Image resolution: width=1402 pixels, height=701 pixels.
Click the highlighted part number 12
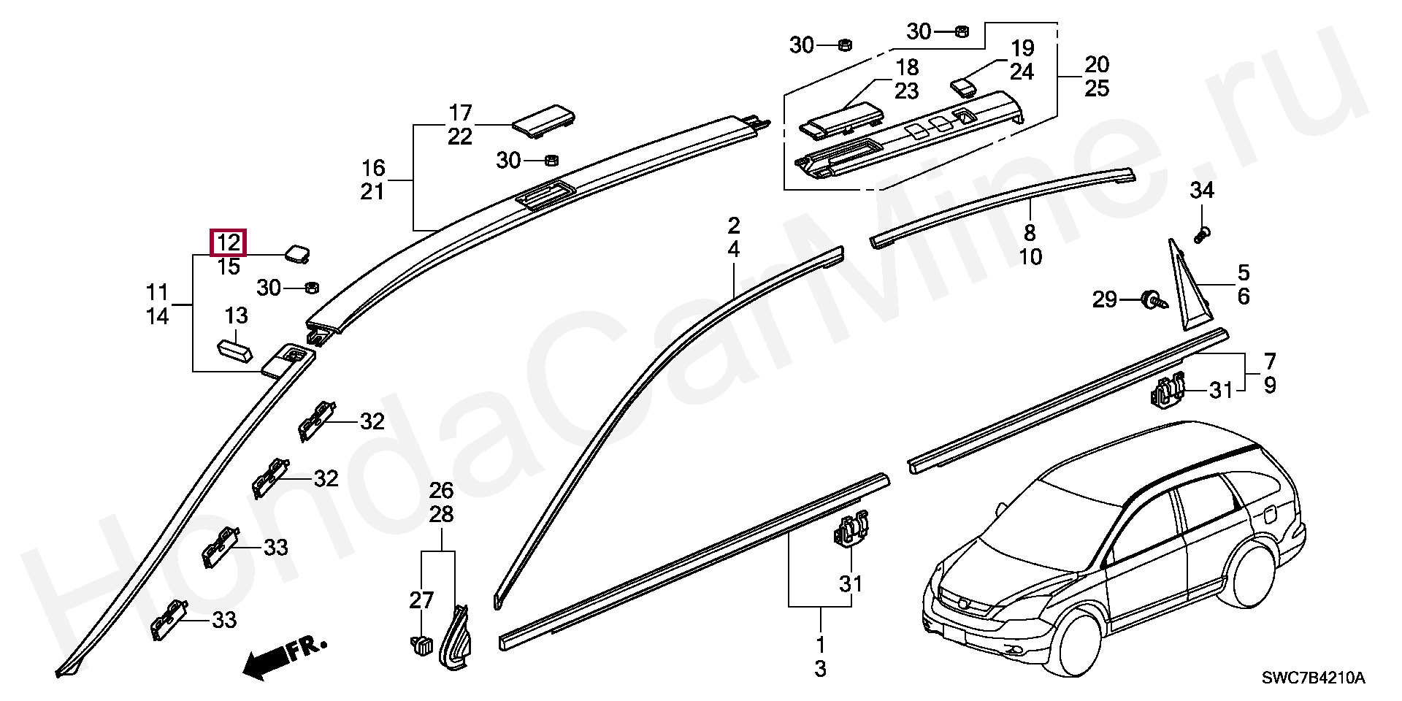[x=229, y=242]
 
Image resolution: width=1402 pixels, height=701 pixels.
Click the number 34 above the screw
[x=1201, y=191]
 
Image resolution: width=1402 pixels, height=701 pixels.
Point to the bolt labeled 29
[x=1152, y=299]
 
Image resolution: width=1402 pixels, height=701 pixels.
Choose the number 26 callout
[x=441, y=491]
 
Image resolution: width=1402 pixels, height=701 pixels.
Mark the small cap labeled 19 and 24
[x=965, y=87]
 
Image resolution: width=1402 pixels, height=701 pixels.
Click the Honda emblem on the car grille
[x=965, y=603]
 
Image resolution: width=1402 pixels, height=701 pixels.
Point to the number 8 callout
[x=1030, y=234]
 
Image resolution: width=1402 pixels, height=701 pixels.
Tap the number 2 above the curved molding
[x=733, y=226]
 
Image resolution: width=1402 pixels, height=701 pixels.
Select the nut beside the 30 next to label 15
[x=309, y=287]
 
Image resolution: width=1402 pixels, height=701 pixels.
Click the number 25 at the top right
[x=1097, y=88]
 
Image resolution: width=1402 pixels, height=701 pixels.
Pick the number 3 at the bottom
[x=820, y=668]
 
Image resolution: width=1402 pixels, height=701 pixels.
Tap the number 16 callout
[x=373, y=169]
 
